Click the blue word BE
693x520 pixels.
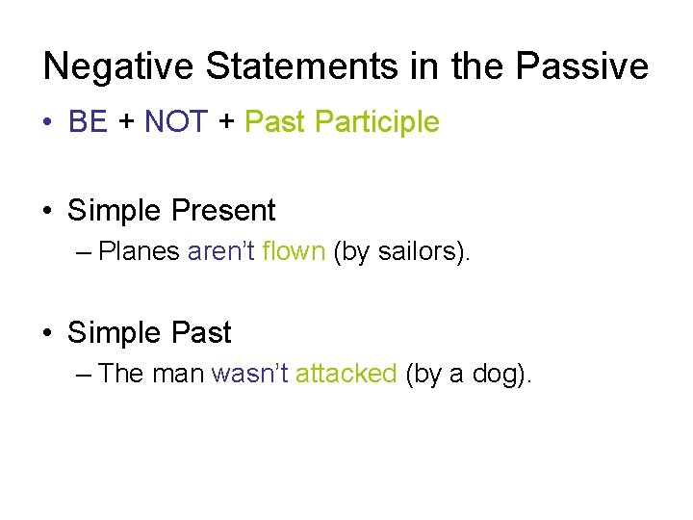(x=89, y=122)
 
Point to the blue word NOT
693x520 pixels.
(x=175, y=122)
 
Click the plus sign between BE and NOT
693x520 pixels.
(x=126, y=123)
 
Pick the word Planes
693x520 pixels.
(x=140, y=252)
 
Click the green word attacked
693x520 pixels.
(x=346, y=374)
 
